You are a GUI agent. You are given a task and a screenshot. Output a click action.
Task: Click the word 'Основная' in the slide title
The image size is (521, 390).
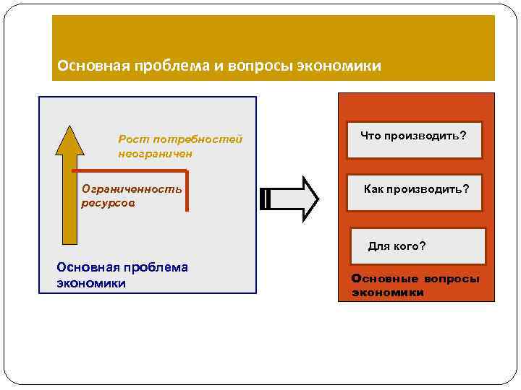pyautogui.click(x=90, y=66)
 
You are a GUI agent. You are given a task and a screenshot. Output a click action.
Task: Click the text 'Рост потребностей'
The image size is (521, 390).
pyautogui.click(x=180, y=139)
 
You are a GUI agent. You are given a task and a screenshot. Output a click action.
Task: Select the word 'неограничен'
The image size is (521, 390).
pyautogui.click(x=156, y=153)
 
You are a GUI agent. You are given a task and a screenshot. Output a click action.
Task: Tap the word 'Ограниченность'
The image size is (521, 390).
pyautogui.click(x=132, y=189)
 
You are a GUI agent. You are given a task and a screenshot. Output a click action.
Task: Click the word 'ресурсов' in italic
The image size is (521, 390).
pyautogui.click(x=108, y=203)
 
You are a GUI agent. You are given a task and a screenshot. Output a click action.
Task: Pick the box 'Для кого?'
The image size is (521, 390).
pyautogui.click(x=418, y=246)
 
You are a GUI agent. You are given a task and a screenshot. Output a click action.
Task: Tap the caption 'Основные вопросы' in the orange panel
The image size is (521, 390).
pyautogui.click(x=415, y=279)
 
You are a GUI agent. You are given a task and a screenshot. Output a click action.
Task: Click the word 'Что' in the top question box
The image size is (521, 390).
pyautogui.click(x=370, y=136)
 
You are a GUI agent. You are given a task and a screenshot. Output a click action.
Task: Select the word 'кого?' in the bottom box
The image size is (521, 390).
pyautogui.click(x=410, y=246)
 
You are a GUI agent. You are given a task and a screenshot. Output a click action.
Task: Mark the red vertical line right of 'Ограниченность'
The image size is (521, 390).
pyautogui.click(x=187, y=191)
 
